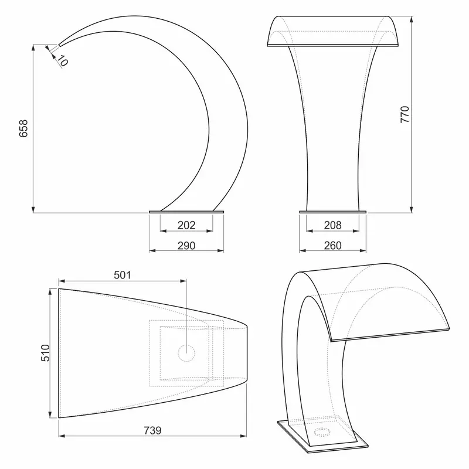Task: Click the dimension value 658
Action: tap(23, 128)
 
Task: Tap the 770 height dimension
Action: tap(405, 114)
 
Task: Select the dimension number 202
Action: tap(186, 225)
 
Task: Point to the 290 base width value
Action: tap(186, 246)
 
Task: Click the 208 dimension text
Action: tap(332, 225)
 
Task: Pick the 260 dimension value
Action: tap(332, 246)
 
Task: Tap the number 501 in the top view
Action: tap(123, 275)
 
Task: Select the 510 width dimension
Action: tap(45, 353)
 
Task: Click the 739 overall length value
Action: tap(152, 430)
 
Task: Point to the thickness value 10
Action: tap(63, 61)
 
